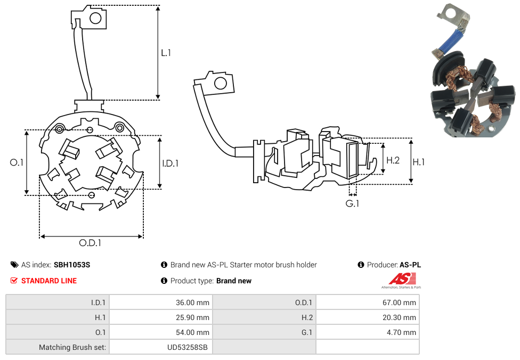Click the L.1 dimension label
coord(166,53)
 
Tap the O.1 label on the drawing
coord(17,162)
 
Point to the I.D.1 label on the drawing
coord(170,163)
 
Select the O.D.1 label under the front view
coord(90,243)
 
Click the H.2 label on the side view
coord(393,160)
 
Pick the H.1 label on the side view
coord(419,162)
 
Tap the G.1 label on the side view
coord(352,203)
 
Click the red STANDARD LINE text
coord(49,281)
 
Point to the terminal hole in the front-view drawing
coord(96,19)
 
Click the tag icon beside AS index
coord(14,265)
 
